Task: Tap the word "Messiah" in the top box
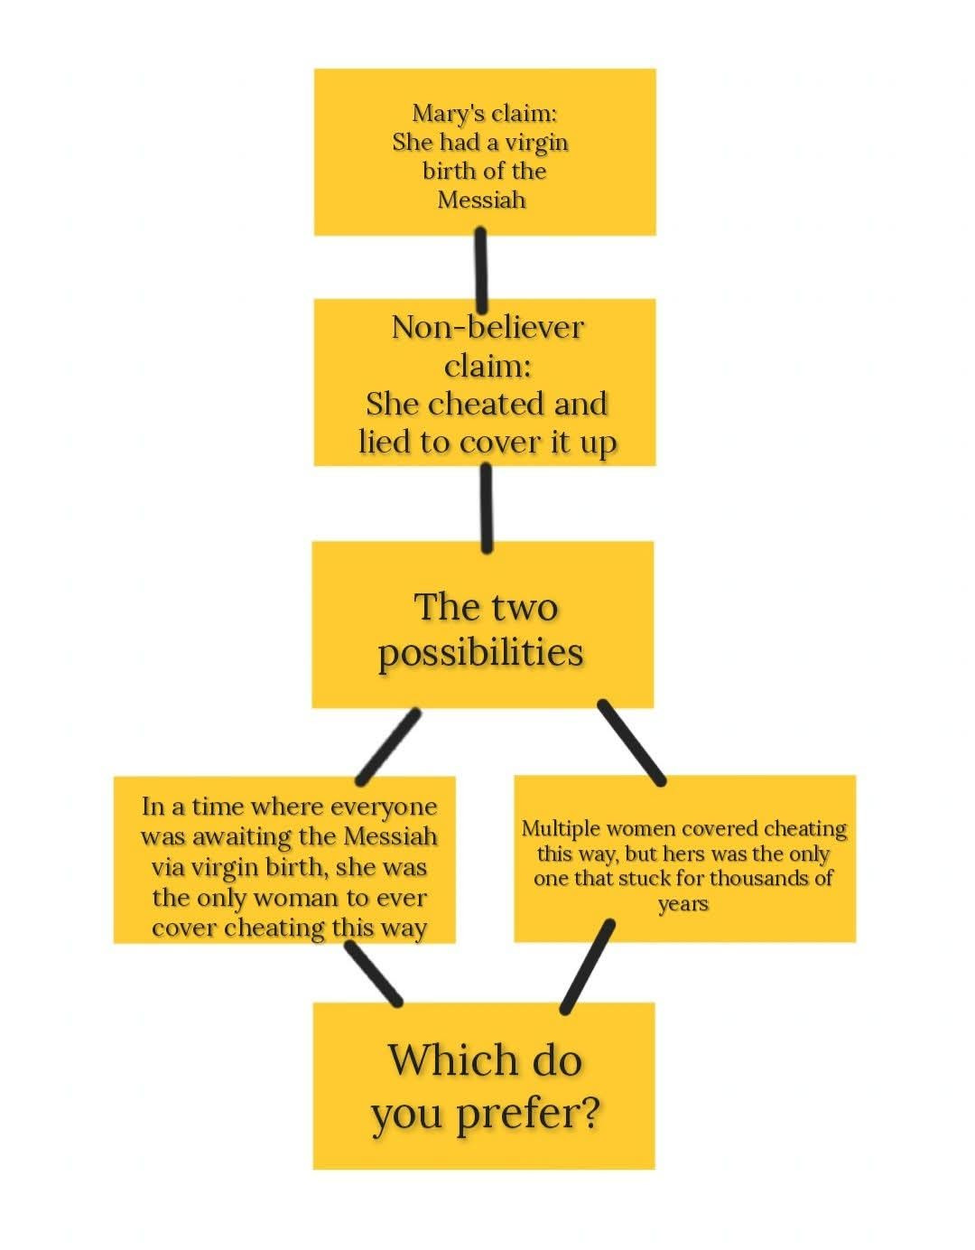click(x=481, y=200)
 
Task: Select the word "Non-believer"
click(x=487, y=327)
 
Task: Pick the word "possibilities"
click(x=481, y=653)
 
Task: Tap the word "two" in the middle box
click(x=526, y=607)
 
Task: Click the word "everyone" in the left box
click(x=384, y=806)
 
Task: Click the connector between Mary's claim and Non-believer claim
click(x=481, y=268)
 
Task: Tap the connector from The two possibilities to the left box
click(x=389, y=746)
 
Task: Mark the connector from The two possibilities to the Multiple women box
click(x=631, y=742)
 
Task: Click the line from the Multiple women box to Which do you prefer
click(x=588, y=967)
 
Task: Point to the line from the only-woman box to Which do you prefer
click(x=374, y=974)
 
